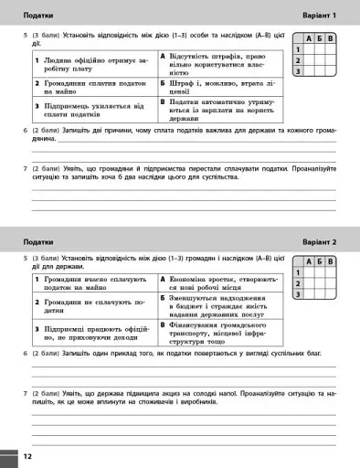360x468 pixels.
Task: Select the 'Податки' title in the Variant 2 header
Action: [38, 241]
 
